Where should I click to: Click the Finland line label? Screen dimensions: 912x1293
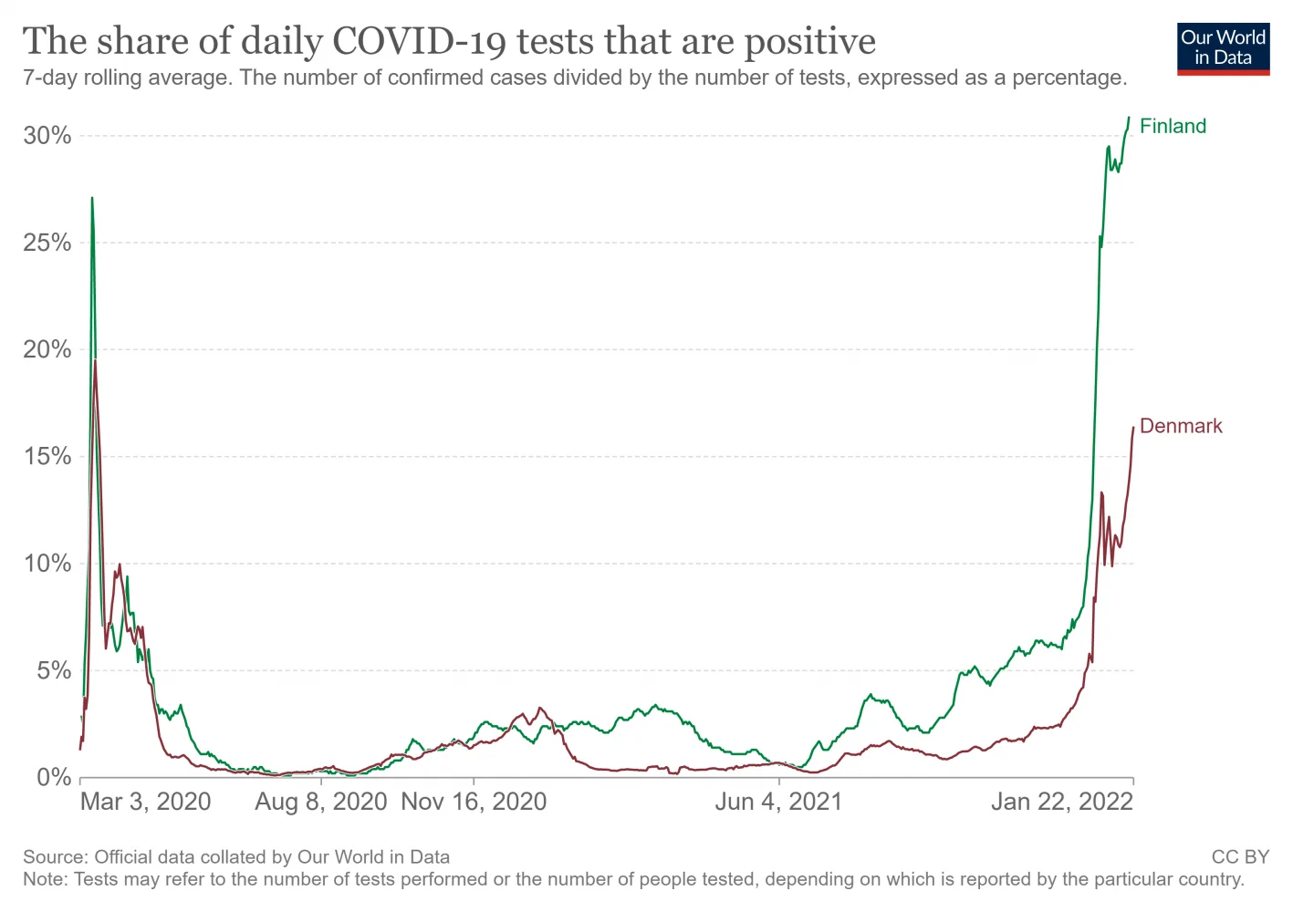pyautogui.click(x=1173, y=126)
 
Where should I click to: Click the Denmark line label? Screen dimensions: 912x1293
pyautogui.click(x=1181, y=426)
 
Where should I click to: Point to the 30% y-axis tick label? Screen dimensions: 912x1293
pyautogui.click(x=47, y=136)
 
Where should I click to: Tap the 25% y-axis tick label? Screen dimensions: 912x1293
pyautogui.click(x=47, y=243)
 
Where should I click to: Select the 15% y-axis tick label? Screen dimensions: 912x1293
pyautogui.click(x=47, y=456)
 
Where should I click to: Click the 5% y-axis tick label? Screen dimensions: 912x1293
pyautogui.click(x=54, y=670)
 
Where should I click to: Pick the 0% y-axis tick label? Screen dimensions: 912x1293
pyautogui.click(x=54, y=777)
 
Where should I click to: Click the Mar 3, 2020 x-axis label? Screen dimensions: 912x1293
pyautogui.click(x=145, y=802)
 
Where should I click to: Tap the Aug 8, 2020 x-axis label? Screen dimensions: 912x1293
pyautogui.click(x=320, y=802)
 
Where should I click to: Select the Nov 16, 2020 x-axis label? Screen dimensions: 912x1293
pyautogui.click(x=474, y=802)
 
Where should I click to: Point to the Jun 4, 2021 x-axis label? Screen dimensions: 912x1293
pyautogui.click(x=778, y=802)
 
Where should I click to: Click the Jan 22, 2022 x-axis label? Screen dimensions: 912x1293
pyautogui.click(x=1062, y=802)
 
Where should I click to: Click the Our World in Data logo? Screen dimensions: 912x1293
pyautogui.click(x=1223, y=48)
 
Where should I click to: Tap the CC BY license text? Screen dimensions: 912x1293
pyautogui.click(x=1240, y=857)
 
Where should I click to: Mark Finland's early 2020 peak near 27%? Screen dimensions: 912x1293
pyautogui.click(x=92, y=198)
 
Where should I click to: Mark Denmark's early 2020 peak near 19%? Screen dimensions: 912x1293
pyautogui.click(x=95, y=361)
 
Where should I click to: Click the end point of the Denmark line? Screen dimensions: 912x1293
pyautogui.click(x=1133, y=427)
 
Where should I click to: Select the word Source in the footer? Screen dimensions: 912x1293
pyautogui.click(x=54, y=857)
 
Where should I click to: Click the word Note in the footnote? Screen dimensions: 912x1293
pyautogui.click(x=43, y=879)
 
